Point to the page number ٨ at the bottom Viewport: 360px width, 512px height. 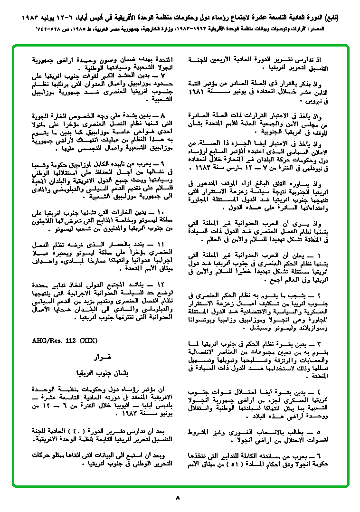[178, 498]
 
